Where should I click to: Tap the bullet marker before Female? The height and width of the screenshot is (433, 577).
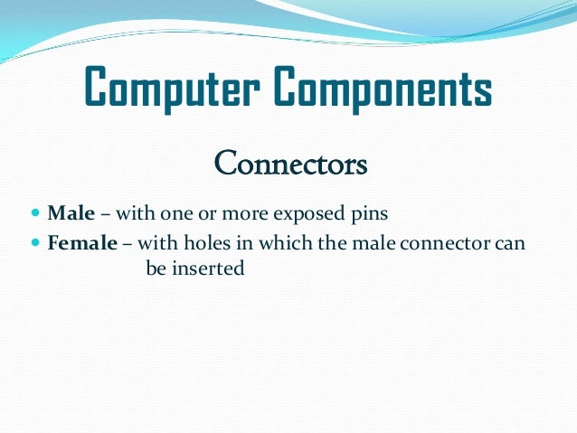(x=35, y=243)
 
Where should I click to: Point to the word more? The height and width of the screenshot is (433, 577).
(x=238, y=215)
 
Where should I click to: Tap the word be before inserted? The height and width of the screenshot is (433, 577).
(x=156, y=269)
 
